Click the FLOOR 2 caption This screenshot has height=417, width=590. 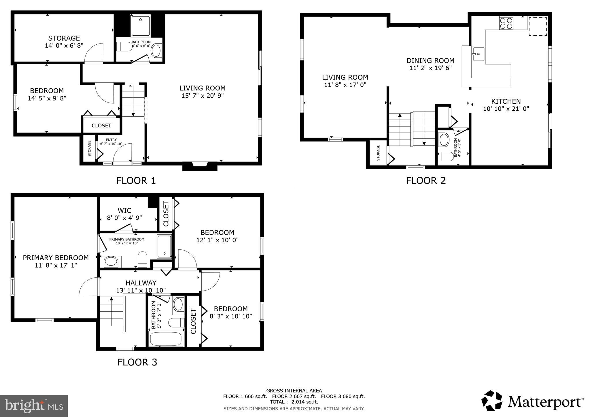click(x=426, y=181)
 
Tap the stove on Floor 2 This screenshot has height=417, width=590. click(x=506, y=23)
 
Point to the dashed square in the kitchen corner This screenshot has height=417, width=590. click(x=538, y=26)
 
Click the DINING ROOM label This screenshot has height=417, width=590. click(x=430, y=60)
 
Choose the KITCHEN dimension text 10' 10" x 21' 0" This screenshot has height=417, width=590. click(x=506, y=109)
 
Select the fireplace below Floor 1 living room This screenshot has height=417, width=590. click(x=200, y=166)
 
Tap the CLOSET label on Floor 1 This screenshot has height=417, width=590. click(x=101, y=126)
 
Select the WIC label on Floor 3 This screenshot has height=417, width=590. click(x=124, y=211)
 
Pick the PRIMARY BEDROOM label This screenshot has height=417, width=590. click(x=56, y=258)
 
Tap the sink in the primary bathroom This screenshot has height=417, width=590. click(x=111, y=261)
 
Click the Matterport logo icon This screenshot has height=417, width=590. click(x=492, y=401)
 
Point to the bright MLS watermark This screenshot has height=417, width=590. click(x=34, y=406)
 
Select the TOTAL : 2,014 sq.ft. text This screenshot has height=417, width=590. click(x=294, y=402)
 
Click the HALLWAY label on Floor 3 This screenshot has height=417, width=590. click(x=141, y=283)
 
